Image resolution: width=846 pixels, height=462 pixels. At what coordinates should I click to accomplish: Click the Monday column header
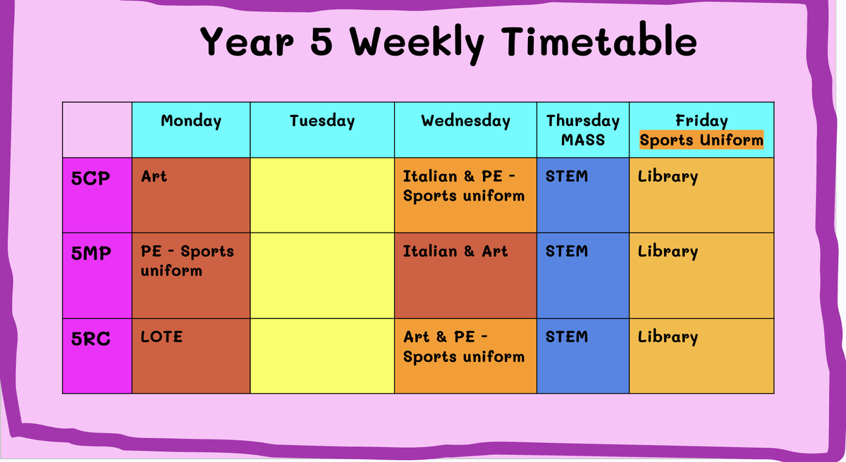tap(191, 121)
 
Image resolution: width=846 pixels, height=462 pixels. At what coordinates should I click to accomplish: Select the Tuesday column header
tap(322, 121)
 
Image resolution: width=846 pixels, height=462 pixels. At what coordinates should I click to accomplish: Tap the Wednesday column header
tap(466, 120)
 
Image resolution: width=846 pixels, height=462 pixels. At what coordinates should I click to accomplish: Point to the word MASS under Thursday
tap(583, 140)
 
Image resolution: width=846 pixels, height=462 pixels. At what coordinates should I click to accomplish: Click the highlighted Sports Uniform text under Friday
tap(701, 140)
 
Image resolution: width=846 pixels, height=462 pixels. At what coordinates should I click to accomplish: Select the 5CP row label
tap(91, 178)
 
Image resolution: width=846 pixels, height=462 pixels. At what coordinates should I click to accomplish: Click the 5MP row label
tap(91, 253)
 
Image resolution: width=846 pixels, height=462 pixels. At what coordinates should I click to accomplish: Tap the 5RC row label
tap(91, 339)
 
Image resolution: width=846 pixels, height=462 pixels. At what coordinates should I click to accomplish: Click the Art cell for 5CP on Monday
tap(191, 195)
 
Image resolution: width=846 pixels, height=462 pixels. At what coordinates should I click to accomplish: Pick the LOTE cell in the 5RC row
tap(191, 356)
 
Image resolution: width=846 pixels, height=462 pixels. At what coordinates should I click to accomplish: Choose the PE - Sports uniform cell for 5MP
tap(191, 275)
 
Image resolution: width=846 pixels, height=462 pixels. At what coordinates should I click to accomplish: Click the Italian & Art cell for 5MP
tap(465, 275)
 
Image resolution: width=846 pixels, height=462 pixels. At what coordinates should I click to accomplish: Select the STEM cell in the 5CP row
tap(583, 195)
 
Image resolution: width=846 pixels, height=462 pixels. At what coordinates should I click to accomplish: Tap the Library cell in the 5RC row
tap(701, 356)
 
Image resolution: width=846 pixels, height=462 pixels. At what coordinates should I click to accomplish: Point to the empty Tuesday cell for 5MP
tap(322, 275)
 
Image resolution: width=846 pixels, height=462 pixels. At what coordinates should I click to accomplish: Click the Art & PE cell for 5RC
tap(465, 356)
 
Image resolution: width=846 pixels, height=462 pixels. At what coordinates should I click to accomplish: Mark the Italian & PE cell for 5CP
tap(465, 195)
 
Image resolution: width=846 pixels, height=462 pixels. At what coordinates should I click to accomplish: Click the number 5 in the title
tap(321, 42)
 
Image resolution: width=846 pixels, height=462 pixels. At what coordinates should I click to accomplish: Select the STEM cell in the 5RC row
tap(583, 356)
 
